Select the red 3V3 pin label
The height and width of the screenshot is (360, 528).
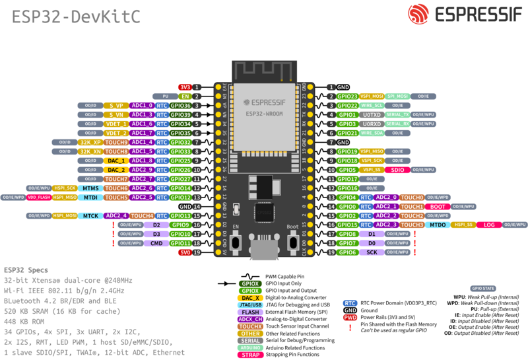click(x=185, y=87)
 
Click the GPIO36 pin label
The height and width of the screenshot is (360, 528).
click(x=181, y=105)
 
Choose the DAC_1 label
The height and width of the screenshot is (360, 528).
click(x=116, y=161)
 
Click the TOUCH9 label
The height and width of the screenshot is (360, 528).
click(x=116, y=142)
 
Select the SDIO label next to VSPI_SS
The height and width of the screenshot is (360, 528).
click(x=397, y=170)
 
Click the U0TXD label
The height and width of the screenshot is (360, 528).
click(x=372, y=114)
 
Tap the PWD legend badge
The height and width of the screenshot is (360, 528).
click(x=350, y=317)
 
